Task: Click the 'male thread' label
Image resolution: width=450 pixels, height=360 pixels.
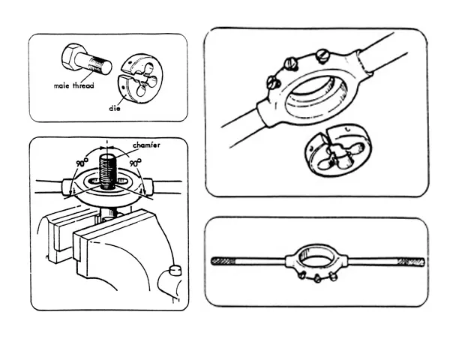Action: pos(73,85)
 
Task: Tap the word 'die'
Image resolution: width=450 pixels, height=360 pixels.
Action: pos(115,108)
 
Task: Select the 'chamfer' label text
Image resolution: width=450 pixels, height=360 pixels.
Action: pos(146,145)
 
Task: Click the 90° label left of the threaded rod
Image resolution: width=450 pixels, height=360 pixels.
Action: pos(82,163)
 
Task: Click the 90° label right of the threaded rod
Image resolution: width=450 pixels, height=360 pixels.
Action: pos(136,163)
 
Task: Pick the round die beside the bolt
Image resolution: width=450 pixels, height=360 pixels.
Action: pos(140,79)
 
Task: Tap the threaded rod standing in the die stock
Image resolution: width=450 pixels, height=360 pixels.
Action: pos(107,172)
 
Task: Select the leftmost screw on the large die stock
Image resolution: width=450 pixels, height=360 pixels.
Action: pos(273,82)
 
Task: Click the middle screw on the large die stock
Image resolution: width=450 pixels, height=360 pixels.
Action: pos(290,64)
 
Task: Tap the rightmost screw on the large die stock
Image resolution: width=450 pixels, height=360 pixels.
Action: pos(322,55)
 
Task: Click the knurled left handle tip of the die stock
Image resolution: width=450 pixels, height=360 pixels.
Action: pos(223,261)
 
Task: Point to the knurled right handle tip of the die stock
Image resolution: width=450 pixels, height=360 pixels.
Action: pos(411,262)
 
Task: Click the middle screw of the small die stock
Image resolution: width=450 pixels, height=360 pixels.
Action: pos(317,278)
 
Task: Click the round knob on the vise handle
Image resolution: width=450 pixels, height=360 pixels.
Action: pos(175,270)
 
